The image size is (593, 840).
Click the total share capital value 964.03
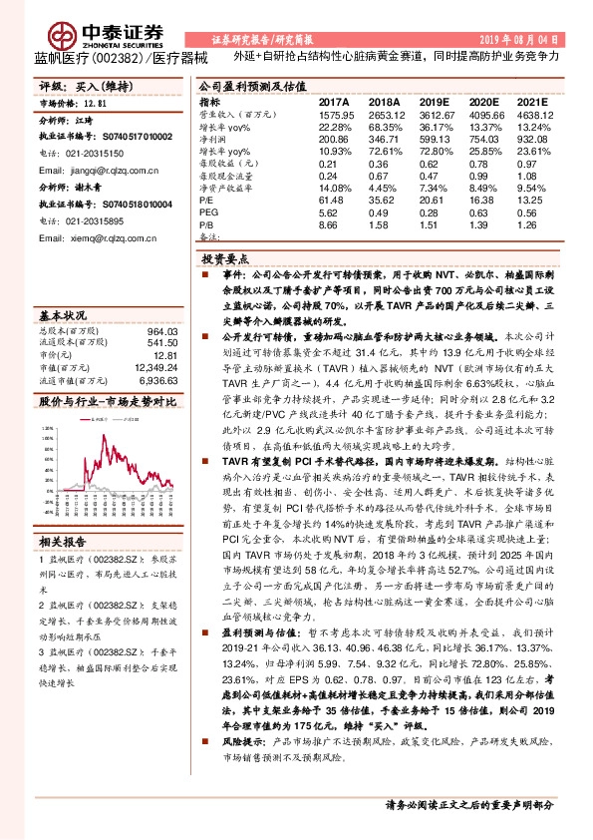(161, 330)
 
